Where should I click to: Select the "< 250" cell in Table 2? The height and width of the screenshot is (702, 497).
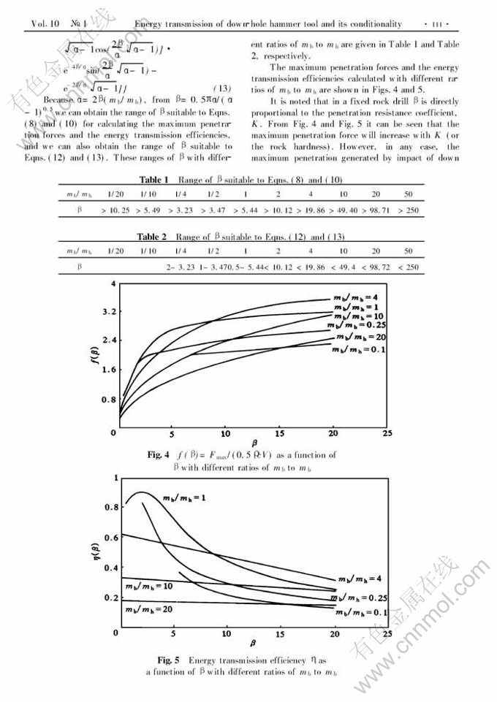pos(409,267)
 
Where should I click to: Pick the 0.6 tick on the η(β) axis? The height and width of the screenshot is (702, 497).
pos(110,538)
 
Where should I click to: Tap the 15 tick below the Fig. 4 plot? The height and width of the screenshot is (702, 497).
pos(281,433)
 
